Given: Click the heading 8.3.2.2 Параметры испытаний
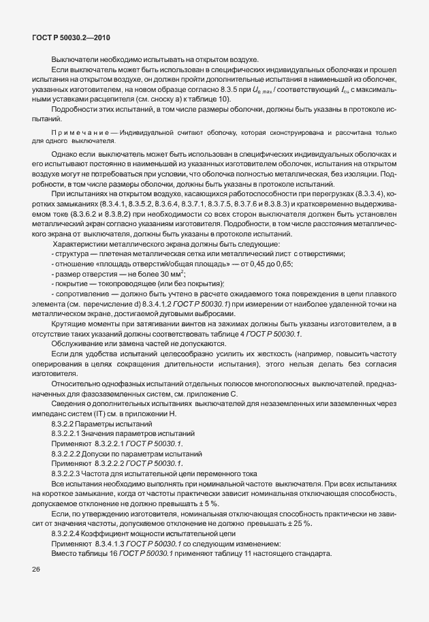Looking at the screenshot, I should click(x=101, y=424).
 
